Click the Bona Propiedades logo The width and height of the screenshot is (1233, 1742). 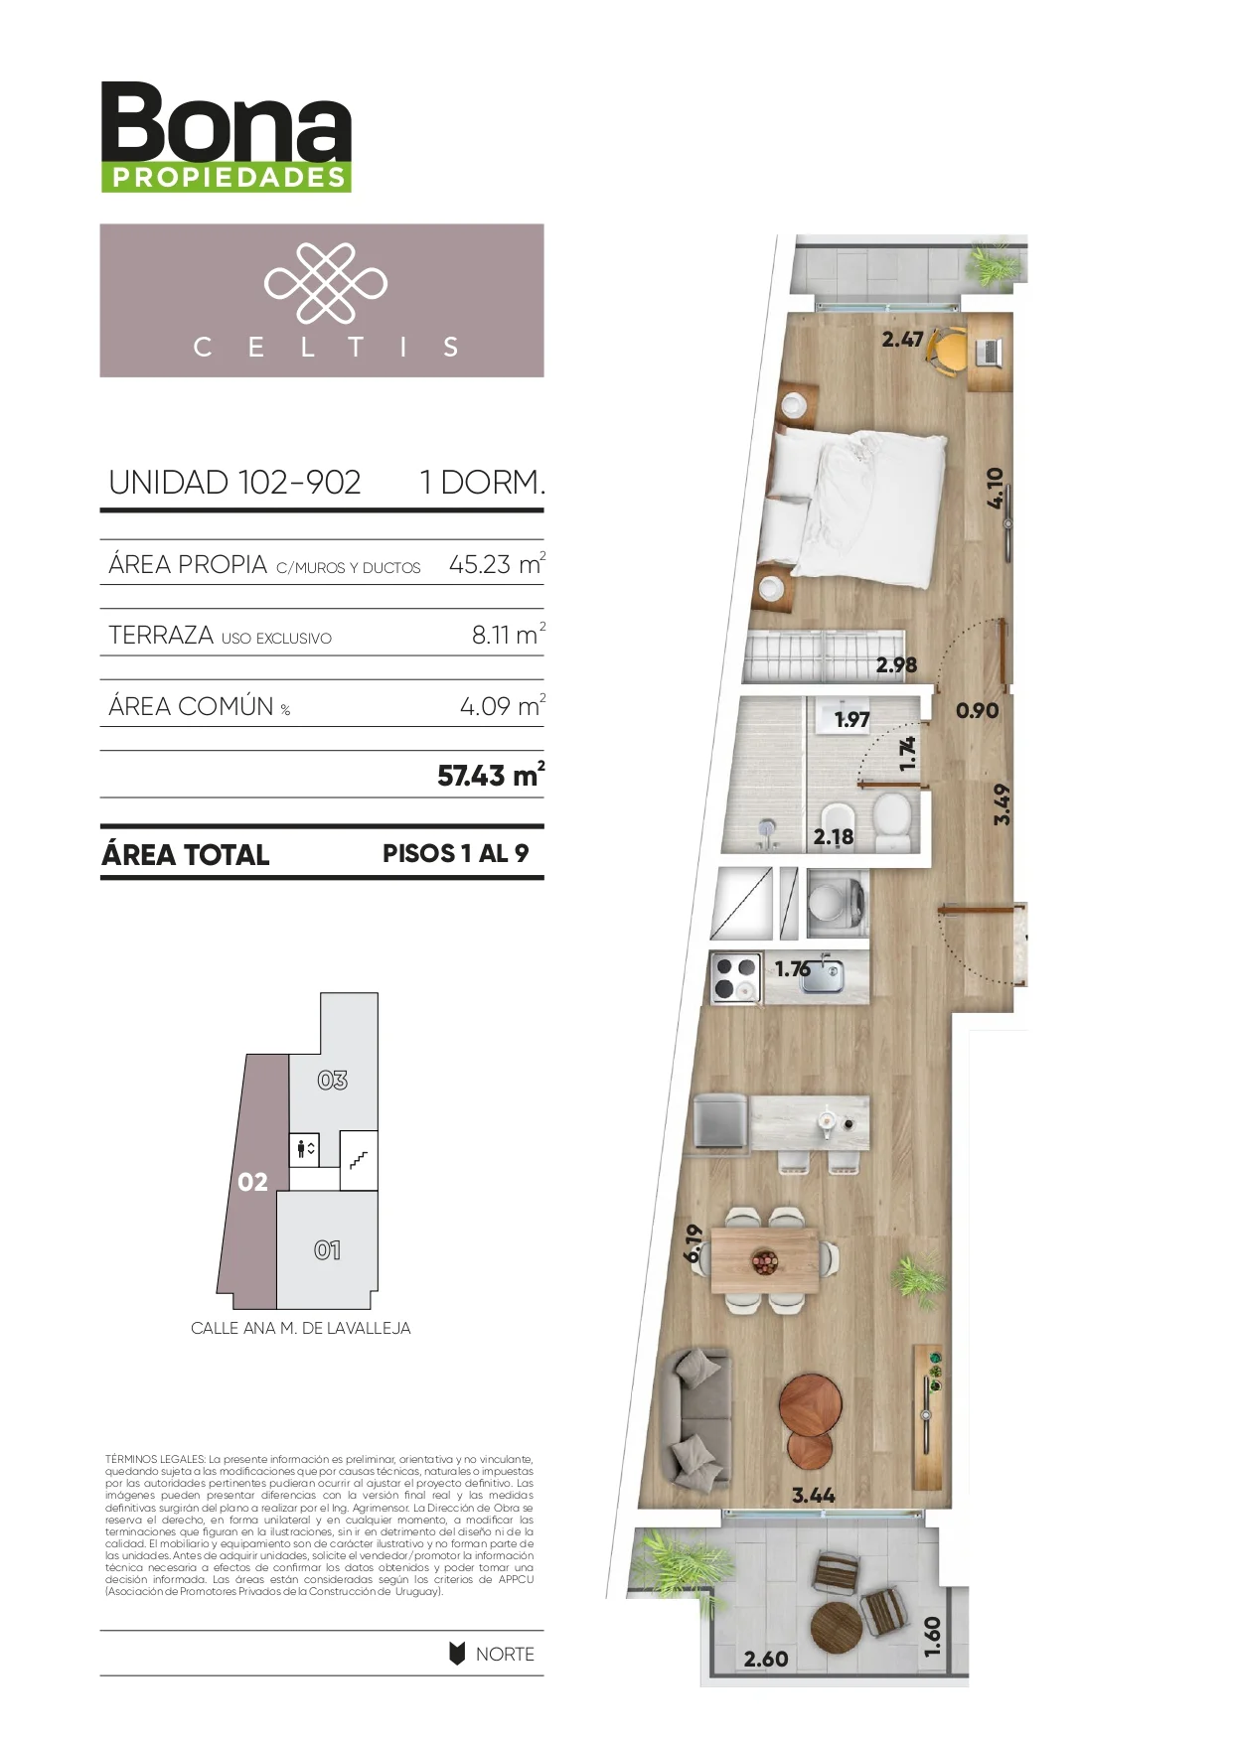point(227,137)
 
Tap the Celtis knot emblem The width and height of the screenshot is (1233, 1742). point(325,283)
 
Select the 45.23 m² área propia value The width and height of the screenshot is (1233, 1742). point(497,564)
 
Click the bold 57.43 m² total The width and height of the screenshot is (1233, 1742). point(491,775)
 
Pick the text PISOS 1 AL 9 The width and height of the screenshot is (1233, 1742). point(455,853)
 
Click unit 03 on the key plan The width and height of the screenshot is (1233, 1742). point(333,1080)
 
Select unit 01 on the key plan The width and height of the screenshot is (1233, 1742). point(327,1250)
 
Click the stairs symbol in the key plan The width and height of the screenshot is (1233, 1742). point(359,1159)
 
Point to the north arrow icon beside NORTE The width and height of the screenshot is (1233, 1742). point(457,1654)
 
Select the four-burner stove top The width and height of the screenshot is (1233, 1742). point(736,976)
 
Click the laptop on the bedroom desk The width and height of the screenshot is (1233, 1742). point(990,351)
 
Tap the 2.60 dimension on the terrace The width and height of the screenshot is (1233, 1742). point(766,1659)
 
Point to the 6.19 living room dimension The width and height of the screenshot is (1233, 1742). point(694,1243)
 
